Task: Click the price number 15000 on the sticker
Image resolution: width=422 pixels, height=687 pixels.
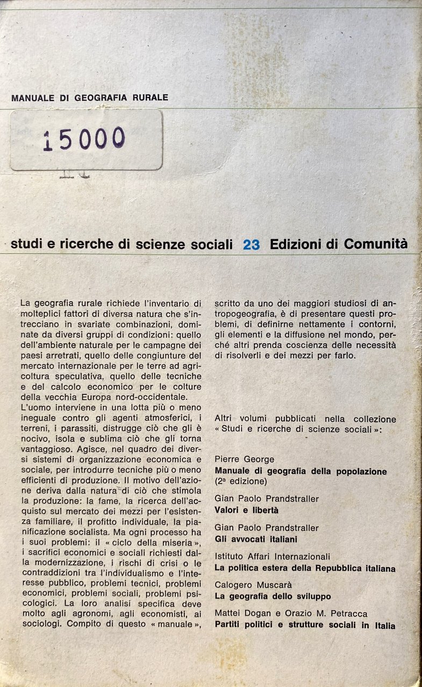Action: (x=84, y=139)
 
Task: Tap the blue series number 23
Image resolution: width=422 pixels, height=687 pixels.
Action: (x=251, y=245)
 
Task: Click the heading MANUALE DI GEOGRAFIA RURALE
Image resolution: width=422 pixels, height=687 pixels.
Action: (x=90, y=98)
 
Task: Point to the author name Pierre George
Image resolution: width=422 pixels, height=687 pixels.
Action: (x=244, y=459)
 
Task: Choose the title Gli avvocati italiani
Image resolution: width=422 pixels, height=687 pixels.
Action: (x=256, y=538)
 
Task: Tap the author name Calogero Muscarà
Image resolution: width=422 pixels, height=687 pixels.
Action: (x=254, y=584)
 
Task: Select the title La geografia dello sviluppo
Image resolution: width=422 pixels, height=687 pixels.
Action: (x=273, y=596)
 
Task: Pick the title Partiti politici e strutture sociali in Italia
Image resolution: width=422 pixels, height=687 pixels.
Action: (x=305, y=625)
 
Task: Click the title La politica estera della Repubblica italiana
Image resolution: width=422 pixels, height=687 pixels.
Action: (x=305, y=568)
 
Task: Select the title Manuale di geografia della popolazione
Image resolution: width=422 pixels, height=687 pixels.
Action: (x=301, y=471)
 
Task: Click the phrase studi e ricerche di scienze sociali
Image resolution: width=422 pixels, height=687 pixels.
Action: (x=121, y=245)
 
